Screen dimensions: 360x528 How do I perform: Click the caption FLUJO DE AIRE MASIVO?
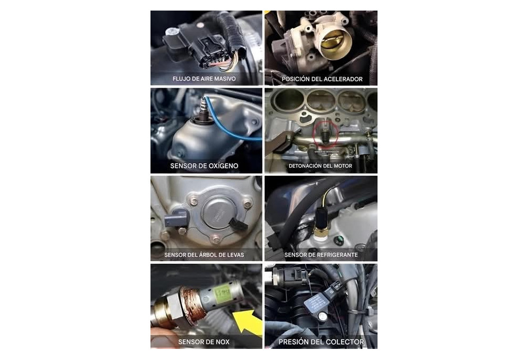pyautogui.click(x=204, y=79)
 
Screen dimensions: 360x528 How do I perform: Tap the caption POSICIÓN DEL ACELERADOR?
pyautogui.click(x=322, y=79)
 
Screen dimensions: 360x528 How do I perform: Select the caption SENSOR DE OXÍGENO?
pyautogui.click(x=204, y=166)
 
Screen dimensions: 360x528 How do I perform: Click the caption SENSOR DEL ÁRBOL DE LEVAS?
pyautogui.click(x=204, y=255)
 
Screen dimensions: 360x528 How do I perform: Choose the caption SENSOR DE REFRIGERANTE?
pyautogui.click(x=321, y=255)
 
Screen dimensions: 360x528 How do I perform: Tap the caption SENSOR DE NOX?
pyautogui.click(x=204, y=342)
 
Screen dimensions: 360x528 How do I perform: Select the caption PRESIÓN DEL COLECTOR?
pyautogui.click(x=321, y=342)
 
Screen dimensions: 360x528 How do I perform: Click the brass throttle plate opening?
pyautogui.click(x=332, y=41)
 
